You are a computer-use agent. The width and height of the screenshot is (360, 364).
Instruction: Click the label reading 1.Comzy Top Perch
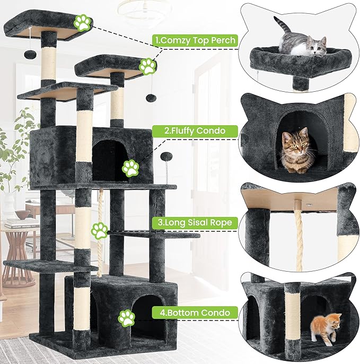194,39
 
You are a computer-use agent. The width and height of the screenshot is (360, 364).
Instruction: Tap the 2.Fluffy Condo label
188,130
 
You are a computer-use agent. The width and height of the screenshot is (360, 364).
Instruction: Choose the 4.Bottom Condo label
191,313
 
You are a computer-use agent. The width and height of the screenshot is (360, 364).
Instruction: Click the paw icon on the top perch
82,22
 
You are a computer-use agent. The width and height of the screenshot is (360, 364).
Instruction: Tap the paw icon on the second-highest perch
147,66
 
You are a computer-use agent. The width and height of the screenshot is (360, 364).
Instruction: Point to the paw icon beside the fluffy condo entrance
130,168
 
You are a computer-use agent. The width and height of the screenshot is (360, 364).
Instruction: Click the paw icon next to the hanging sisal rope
99,230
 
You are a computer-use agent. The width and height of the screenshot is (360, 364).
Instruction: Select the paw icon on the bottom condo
126,318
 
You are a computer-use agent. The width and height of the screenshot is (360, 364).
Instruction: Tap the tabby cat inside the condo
295,150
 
